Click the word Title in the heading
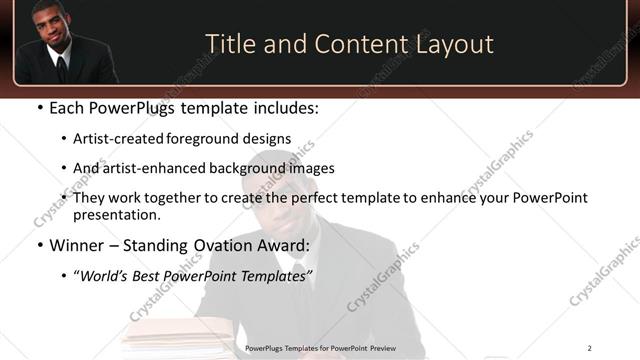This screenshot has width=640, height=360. (229, 45)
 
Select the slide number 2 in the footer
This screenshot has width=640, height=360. (590, 348)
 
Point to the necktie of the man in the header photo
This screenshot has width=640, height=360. (61, 67)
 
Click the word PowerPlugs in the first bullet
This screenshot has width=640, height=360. (130, 107)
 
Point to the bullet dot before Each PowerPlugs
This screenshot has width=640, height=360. (38, 108)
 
